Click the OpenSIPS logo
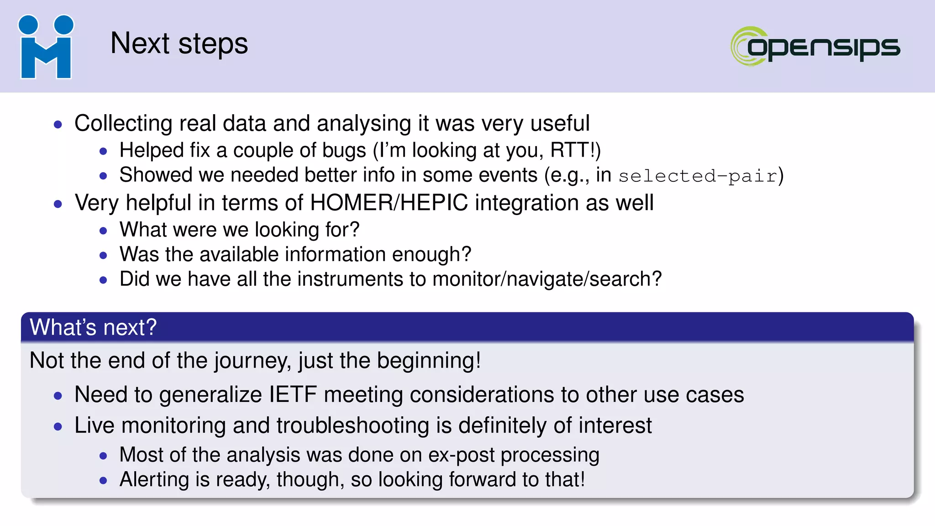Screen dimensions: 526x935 click(815, 46)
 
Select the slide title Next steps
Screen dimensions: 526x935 click(179, 44)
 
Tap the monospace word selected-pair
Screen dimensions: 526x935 click(698, 176)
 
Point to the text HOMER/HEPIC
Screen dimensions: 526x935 click(389, 203)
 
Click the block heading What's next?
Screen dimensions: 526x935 click(93, 327)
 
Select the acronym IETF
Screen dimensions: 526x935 click(293, 394)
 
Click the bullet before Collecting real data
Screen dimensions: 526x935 click(58, 124)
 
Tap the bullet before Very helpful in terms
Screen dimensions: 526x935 click(58, 204)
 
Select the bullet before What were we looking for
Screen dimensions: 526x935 click(103, 231)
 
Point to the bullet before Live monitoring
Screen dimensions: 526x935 click(58, 426)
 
